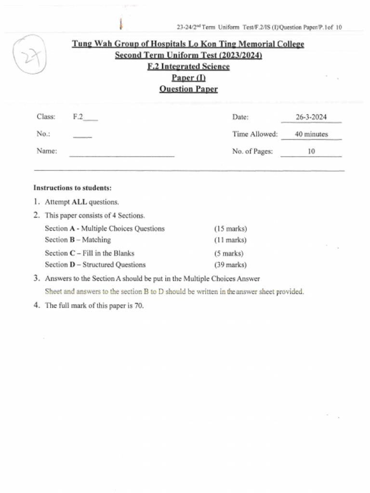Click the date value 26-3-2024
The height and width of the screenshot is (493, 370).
311,117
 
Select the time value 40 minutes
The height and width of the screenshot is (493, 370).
311,134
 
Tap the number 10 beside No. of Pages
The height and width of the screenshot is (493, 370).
311,151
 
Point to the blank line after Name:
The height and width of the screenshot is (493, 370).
121,154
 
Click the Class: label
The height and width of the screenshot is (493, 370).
46,117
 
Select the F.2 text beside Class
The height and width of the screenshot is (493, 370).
78,117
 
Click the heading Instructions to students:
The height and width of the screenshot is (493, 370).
72,188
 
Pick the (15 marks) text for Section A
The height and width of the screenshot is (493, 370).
230,229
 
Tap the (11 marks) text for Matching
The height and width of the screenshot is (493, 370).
230,240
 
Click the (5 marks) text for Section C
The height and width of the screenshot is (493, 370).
228,253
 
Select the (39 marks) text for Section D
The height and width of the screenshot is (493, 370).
230,265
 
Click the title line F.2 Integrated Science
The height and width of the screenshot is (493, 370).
188,66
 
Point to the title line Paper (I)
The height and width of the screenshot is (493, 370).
188,78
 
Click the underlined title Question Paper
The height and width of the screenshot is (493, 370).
188,89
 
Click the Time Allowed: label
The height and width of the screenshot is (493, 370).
255,134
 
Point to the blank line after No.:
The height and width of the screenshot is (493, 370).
82,136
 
